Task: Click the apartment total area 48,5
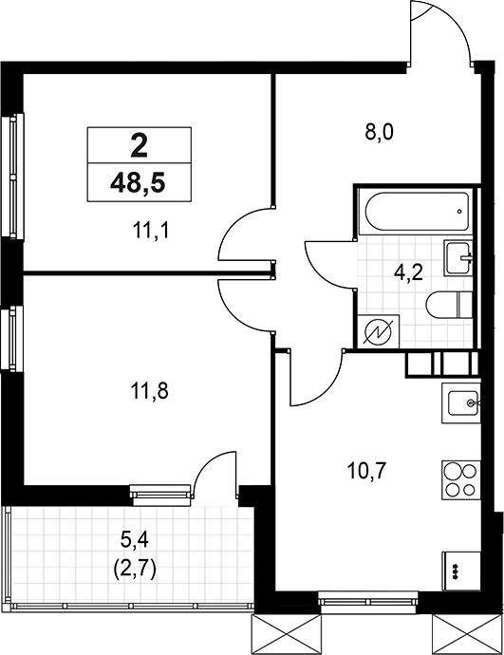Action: (x=139, y=182)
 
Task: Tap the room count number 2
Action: (x=139, y=145)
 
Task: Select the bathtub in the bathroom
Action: (x=415, y=212)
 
